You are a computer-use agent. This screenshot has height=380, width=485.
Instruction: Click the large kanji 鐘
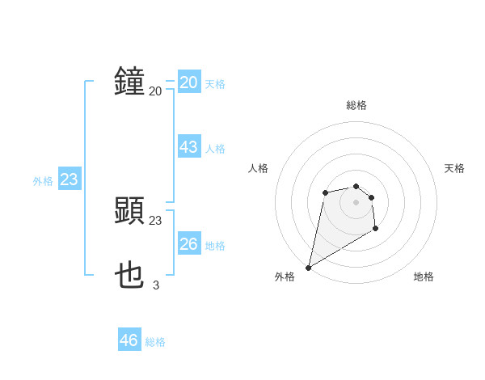(129, 82)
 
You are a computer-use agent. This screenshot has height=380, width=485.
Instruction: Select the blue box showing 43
(189, 147)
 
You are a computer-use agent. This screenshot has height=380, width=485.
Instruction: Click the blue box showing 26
(189, 244)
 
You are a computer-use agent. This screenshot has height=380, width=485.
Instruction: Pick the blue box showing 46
(129, 340)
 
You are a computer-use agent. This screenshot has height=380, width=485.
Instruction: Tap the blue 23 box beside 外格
(69, 179)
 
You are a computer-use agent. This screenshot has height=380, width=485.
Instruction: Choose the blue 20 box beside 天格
(189, 82)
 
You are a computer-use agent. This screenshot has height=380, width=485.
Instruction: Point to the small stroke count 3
(156, 285)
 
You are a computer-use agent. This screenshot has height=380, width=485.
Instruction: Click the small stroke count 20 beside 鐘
(155, 91)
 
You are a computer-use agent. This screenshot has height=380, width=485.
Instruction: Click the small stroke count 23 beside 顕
(155, 220)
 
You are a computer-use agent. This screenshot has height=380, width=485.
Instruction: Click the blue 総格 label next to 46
(155, 342)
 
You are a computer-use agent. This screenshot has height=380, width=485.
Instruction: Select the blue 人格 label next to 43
(215, 149)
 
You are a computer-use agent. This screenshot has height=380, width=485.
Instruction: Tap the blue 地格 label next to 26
(215, 246)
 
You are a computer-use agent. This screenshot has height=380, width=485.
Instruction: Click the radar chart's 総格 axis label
(356, 105)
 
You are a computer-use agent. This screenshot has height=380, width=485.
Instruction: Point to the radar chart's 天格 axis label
(455, 168)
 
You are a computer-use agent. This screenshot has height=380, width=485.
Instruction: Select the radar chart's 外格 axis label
(285, 277)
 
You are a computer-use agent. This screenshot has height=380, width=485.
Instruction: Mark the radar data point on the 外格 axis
(308, 268)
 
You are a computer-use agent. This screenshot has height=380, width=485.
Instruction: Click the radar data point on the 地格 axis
(375, 230)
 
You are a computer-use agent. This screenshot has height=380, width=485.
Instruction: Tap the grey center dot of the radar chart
(356, 201)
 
